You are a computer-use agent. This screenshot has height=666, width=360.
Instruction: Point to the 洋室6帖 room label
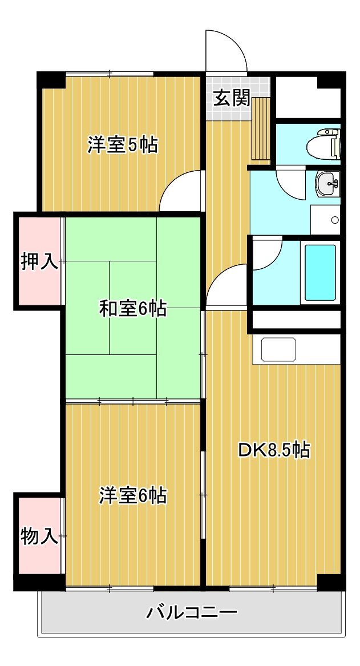(x=133, y=495)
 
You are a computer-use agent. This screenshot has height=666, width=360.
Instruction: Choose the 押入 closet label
(x=39, y=261)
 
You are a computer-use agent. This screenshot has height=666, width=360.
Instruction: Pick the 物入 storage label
(x=39, y=537)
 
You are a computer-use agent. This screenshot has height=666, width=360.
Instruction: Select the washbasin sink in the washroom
(x=327, y=184)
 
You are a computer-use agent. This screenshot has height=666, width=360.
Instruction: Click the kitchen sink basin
(x=278, y=350)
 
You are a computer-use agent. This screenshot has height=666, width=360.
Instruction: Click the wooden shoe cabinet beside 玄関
(x=261, y=128)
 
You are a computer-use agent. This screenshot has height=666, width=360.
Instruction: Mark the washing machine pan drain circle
(x=335, y=220)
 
